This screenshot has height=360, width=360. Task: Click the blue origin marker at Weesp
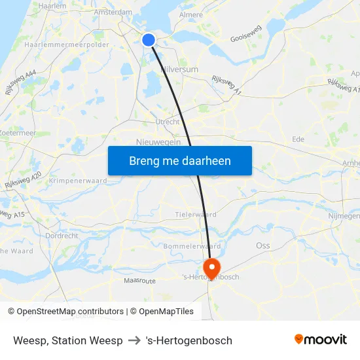(149, 40)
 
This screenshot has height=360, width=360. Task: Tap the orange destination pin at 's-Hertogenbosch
(212, 268)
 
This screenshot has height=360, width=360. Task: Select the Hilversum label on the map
(179, 68)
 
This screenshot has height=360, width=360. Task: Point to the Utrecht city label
(168, 122)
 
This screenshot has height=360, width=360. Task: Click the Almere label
(191, 14)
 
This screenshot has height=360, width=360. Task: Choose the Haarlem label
(53, 5)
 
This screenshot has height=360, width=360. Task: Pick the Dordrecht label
(62, 236)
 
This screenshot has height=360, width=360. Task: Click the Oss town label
(262, 245)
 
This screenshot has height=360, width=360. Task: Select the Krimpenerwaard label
(78, 181)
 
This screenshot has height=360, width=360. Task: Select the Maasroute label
(140, 280)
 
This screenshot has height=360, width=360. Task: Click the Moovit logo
(320, 339)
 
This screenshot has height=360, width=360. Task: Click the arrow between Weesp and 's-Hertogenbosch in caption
(134, 340)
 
